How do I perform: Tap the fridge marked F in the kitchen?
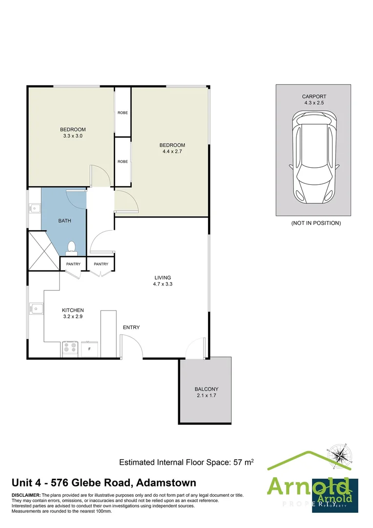[89, 349]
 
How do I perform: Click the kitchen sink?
[36, 308]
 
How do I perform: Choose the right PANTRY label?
[101, 264]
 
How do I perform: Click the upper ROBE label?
[123, 113]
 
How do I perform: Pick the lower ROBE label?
[123, 161]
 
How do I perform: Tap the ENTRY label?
[131, 327]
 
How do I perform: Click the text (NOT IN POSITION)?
[315, 223]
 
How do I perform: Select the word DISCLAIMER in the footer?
[26, 495]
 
